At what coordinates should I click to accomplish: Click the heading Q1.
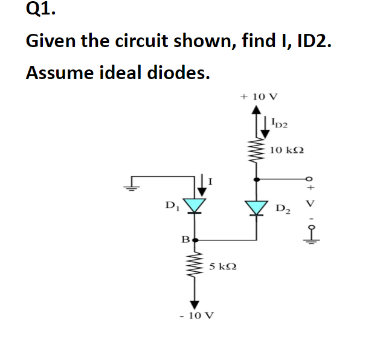[38, 10]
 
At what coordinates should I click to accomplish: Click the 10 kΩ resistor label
[286, 149]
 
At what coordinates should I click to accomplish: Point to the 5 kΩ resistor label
[222, 266]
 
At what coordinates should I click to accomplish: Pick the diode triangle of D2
[257, 207]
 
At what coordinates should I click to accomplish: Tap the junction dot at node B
[195, 240]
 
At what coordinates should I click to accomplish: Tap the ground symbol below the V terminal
[311, 240]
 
